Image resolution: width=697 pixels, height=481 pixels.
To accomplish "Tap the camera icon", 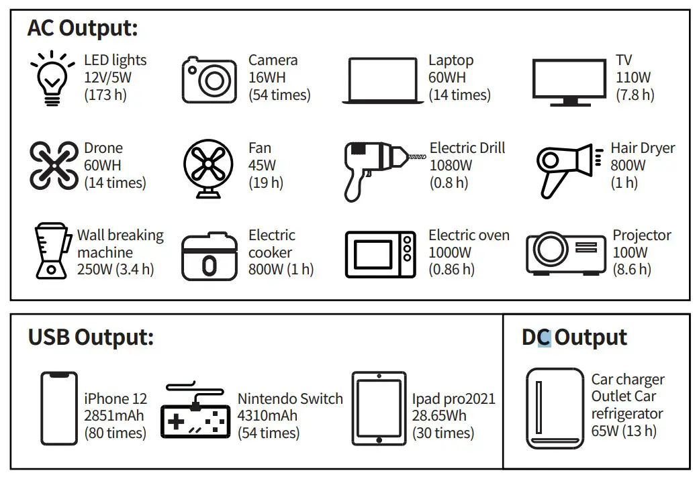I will pyautogui.click(x=210, y=78).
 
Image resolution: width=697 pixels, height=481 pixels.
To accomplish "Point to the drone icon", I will pyautogui.click(x=54, y=166).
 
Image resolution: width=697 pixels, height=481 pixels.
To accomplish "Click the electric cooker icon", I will pyautogui.click(x=210, y=256).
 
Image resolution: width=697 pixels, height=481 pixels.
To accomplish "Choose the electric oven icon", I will pyautogui.click(x=380, y=254).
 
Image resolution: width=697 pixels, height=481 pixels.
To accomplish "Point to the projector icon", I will pyautogui.click(x=563, y=254).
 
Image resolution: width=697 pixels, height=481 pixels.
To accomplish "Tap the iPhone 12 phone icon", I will pyautogui.click(x=59, y=409).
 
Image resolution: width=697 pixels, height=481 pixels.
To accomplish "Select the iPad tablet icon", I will pyautogui.click(x=379, y=409).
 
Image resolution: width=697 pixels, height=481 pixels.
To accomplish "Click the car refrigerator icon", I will pyautogui.click(x=555, y=408).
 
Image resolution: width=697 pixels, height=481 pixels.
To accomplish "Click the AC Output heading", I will pyautogui.click(x=83, y=28).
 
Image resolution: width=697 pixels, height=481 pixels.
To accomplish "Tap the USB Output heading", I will pyautogui.click(x=91, y=337).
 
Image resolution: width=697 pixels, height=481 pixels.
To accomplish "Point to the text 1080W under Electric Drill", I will pyautogui.click(x=451, y=165).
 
